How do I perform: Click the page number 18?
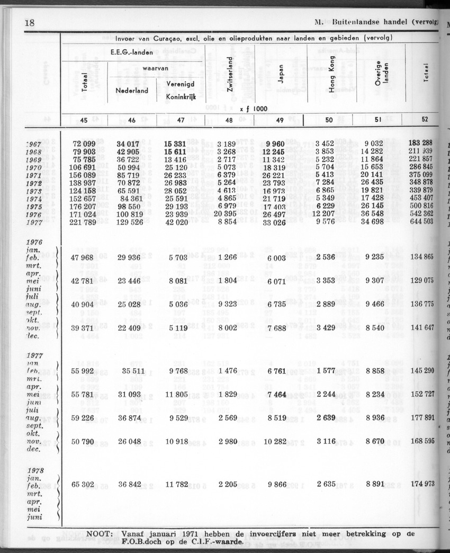click(30, 23)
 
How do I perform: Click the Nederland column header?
click(132, 90)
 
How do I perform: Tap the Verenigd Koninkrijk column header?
click(180, 91)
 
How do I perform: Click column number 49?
click(280, 120)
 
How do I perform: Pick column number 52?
click(425, 120)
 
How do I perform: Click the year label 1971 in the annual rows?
click(34, 175)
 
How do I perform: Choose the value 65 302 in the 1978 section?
click(83, 484)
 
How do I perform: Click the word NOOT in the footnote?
click(100, 534)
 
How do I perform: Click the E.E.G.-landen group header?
click(132, 52)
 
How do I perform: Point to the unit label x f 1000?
click(254, 109)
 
